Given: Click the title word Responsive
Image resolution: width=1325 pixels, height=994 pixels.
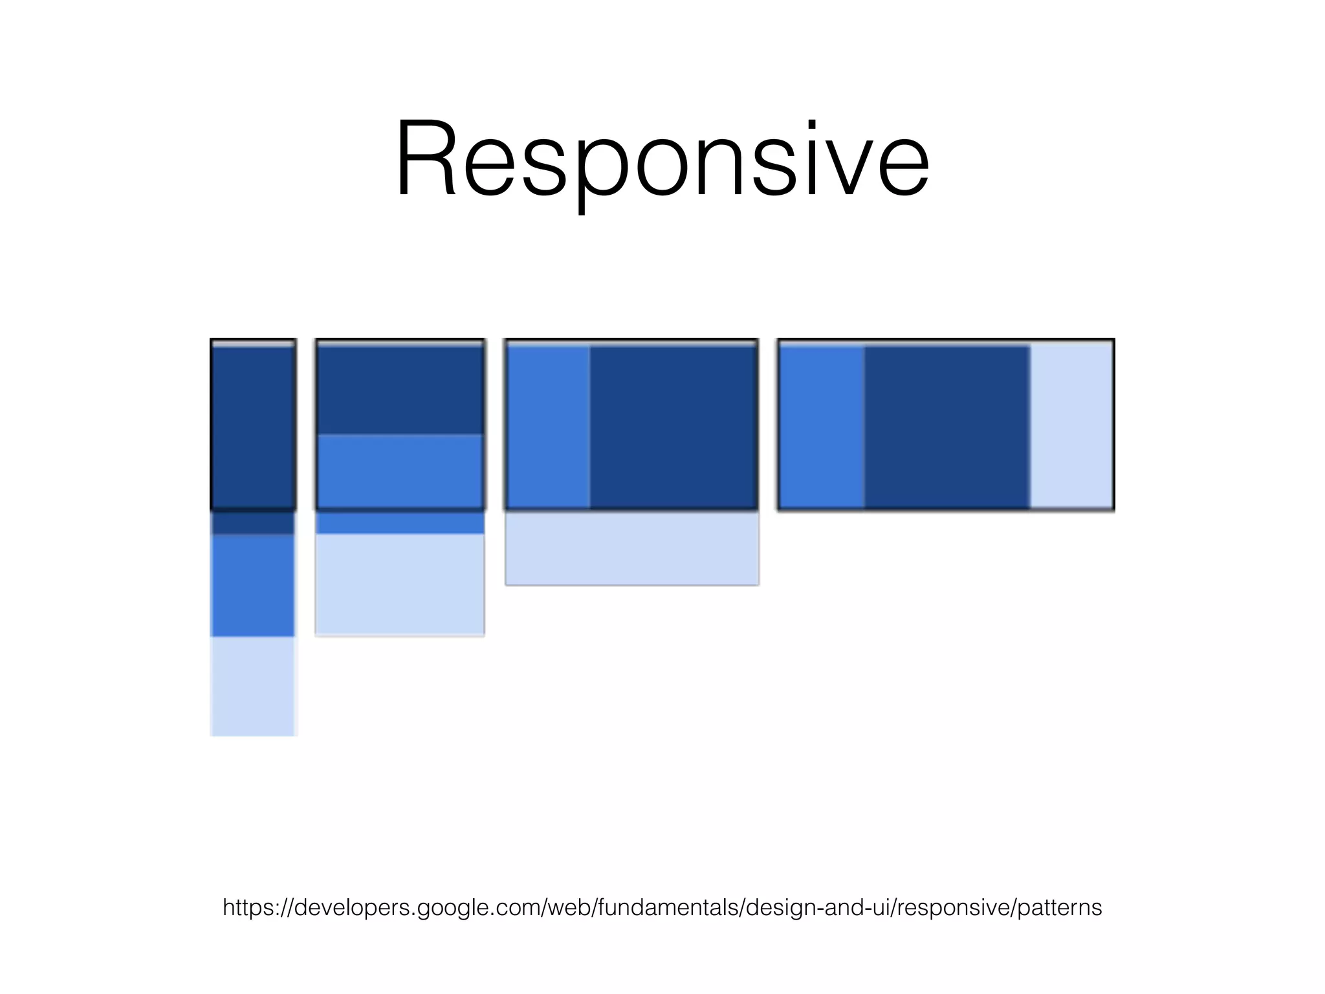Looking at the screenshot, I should (x=662, y=159).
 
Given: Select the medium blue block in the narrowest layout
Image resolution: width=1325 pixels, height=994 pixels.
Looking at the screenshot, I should (x=253, y=585).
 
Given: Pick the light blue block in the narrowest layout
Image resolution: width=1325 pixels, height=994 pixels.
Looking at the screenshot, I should (x=253, y=686).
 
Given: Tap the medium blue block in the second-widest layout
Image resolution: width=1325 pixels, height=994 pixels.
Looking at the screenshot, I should (x=548, y=427).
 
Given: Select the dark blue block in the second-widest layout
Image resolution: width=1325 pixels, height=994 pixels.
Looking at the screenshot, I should (x=673, y=427).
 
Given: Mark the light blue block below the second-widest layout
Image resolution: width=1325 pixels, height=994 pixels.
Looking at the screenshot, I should (x=631, y=548).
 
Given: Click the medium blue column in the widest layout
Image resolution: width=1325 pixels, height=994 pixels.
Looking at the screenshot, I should (x=822, y=427).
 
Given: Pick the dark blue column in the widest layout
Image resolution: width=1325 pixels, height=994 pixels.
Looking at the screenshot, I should (x=947, y=427).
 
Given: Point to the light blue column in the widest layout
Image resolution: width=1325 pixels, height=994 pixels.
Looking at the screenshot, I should (x=1071, y=427).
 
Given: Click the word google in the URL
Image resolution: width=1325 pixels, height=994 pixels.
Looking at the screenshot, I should (x=448, y=909).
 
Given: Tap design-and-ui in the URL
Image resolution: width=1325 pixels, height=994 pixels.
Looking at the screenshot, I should (x=819, y=907).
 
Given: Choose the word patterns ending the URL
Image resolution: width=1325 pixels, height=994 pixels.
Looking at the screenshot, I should (x=1060, y=907).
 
